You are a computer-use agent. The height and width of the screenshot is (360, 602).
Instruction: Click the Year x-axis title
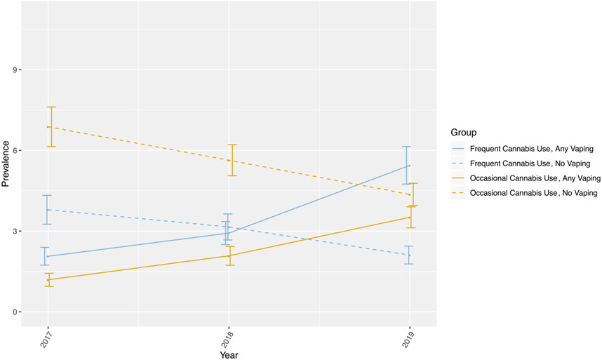tap(229, 355)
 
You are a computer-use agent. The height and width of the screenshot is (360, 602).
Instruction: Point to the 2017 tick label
tap(47, 339)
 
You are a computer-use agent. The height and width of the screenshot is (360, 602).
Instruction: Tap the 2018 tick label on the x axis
tap(229, 339)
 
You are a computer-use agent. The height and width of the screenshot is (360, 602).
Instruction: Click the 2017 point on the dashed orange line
tap(47, 127)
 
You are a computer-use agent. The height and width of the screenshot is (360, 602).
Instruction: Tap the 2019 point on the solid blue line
tap(410, 166)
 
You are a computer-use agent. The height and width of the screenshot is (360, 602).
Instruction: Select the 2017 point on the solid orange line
tap(47, 280)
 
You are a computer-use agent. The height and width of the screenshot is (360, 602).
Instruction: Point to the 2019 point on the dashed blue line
tap(410, 255)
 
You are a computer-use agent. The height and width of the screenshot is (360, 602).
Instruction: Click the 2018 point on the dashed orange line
tap(229, 160)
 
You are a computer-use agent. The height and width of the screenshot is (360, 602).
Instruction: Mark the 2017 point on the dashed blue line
tap(47, 210)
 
